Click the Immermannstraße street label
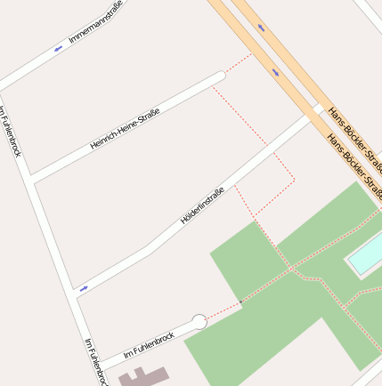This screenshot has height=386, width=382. tap(95, 22)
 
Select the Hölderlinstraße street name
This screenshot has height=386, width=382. tap(202, 205)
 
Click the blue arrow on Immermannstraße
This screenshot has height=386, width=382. tap(59, 48)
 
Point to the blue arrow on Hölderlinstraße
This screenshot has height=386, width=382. tap(84, 288)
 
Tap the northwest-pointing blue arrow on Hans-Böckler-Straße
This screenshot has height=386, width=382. tap(261, 28)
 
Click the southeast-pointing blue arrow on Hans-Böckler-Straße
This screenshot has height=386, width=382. tap(275, 71)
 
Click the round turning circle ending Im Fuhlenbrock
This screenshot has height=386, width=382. tap(199, 322)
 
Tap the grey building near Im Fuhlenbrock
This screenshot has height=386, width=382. tap(142, 377)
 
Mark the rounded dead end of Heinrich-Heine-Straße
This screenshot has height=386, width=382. tap(219, 77)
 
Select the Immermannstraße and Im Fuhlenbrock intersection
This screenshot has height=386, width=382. tap(4, 86)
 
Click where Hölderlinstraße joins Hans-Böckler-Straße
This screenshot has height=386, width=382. tap(316, 109)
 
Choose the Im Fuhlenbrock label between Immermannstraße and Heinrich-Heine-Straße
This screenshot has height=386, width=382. tap(11, 132)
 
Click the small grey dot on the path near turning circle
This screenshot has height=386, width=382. tap(240, 302)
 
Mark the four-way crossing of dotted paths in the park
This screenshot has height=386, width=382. tap(289, 267)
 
